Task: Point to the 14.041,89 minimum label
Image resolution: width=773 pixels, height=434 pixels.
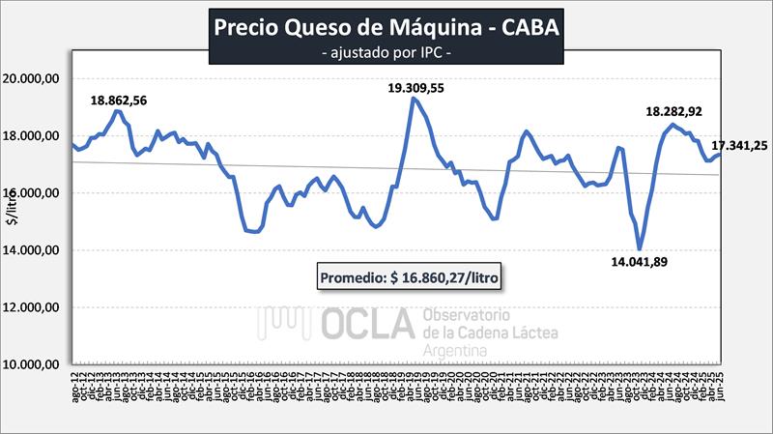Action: tap(638, 262)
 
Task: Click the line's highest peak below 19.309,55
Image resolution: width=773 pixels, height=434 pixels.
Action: tap(415, 98)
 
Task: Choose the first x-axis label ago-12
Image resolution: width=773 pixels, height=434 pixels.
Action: tap(75, 394)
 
